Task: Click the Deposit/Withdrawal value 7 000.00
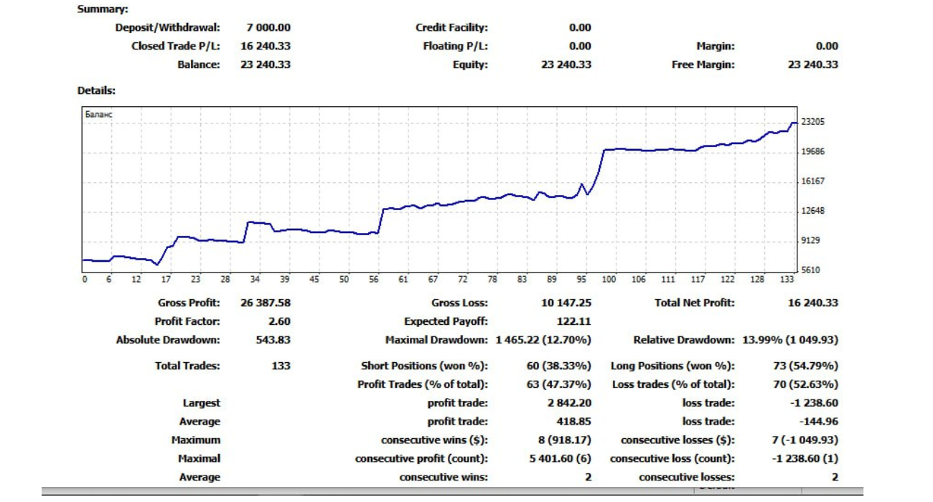(x=268, y=28)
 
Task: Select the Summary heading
(x=103, y=9)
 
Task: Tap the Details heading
(x=96, y=91)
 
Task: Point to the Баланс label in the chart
(x=98, y=114)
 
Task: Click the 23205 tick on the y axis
(x=812, y=122)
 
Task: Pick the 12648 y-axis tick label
(x=812, y=211)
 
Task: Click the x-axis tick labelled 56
(x=373, y=280)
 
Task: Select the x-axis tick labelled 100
(x=609, y=280)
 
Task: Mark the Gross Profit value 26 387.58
(x=266, y=303)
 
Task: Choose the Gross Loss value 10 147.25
(x=566, y=303)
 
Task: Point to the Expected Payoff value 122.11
(x=573, y=322)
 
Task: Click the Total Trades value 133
(x=281, y=366)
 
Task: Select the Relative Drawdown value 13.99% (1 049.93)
(x=789, y=340)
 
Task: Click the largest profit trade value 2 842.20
(x=569, y=403)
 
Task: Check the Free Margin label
(x=703, y=65)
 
